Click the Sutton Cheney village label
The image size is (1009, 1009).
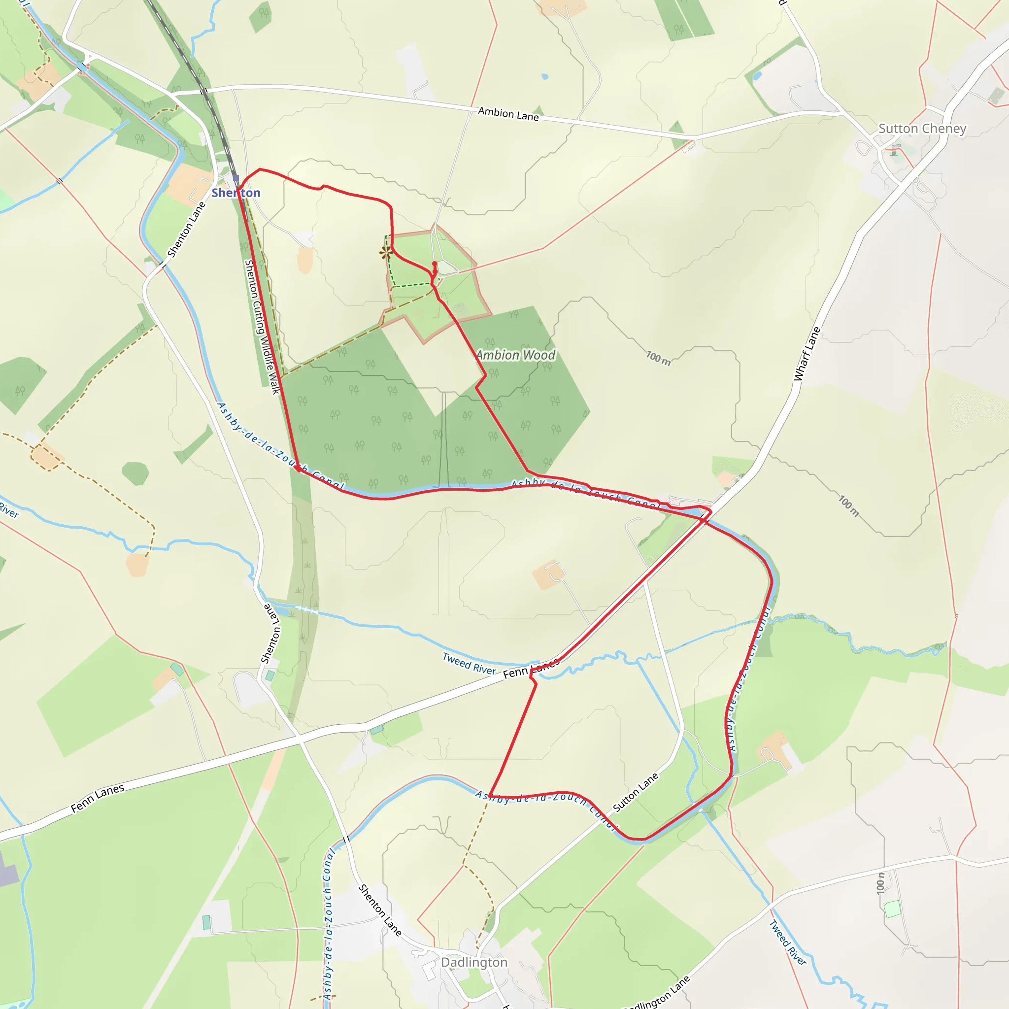[x=922, y=129]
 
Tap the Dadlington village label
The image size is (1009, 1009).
[x=473, y=962]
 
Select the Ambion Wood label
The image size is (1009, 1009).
[x=515, y=355]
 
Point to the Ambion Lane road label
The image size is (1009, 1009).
[x=508, y=114]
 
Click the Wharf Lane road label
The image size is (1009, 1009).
[x=807, y=354]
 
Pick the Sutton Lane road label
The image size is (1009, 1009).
[x=635, y=792]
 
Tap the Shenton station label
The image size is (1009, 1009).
[x=236, y=193]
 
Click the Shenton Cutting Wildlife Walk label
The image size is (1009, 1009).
[x=262, y=327]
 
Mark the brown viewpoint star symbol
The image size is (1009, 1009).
[x=386, y=253]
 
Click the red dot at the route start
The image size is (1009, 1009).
[x=435, y=264]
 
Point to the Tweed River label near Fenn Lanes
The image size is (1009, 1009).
[x=469, y=664]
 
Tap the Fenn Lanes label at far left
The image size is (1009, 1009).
[x=98, y=798]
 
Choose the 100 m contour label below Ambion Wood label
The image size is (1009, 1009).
[x=658, y=358]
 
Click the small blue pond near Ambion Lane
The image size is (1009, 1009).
[x=545, y=76]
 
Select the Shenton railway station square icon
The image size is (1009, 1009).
[x=235, y=178]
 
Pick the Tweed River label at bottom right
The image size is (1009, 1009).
[x=788, y=943]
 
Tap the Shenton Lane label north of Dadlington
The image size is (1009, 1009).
[x=379, y=910]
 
